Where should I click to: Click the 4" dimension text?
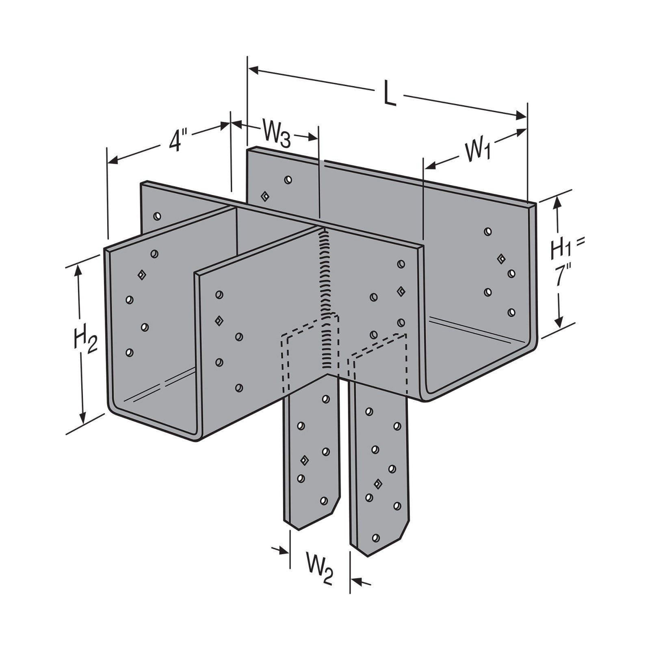(x=175, y=141)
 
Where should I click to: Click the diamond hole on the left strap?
(x=303, y=460)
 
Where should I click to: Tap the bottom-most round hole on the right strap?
(x=375, y=537)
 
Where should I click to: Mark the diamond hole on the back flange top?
(x=265, y=196)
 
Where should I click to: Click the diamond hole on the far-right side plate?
(x=501, y=258)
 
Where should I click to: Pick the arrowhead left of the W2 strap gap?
(x=284, y=550)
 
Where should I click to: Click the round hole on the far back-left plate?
(x=157, y=216)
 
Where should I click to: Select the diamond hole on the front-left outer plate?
(x=141, y=275)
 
